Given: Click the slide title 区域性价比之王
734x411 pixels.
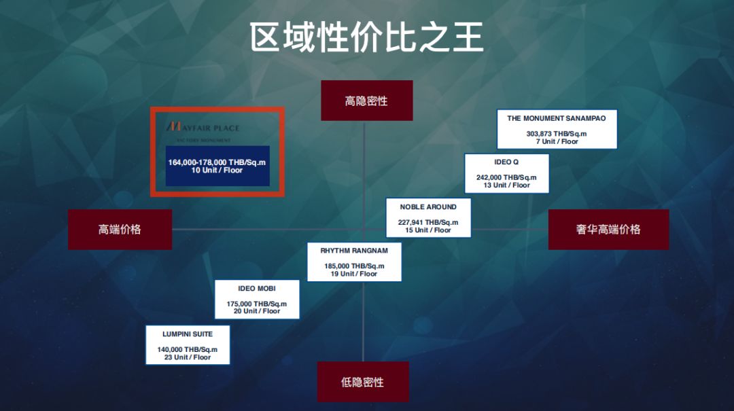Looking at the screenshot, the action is (366, 37).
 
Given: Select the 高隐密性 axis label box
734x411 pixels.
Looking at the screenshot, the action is (366, 101).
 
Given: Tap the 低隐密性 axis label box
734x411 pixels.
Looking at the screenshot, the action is (363, 382).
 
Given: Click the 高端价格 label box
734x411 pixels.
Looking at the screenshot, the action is (120, 230).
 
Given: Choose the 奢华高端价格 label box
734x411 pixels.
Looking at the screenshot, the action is (608, 230).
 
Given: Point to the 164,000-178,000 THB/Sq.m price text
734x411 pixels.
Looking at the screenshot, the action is (217, 162).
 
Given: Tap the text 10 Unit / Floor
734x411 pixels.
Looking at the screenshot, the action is (217, 171).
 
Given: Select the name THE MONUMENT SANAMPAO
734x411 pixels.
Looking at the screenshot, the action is (556, 118).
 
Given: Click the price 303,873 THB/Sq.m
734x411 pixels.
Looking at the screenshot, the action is (556, 134).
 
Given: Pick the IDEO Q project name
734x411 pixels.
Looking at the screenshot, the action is (506, 162).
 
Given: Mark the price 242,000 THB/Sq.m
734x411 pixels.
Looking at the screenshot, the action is (506, 177).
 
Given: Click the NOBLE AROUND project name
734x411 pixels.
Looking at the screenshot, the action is (428, 207).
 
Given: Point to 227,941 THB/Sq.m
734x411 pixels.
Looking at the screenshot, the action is (428, 222).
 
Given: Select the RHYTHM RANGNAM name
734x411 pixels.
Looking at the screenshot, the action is (354, 251).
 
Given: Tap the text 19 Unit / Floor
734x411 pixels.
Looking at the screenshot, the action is (354, 274).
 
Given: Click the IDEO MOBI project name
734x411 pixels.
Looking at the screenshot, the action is (257, 289).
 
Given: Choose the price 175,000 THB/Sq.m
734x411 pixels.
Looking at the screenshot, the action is (257, 304).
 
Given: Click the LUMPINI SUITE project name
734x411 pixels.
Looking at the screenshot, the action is (188, 334).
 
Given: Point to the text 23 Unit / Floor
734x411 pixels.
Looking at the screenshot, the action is (188, 357).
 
